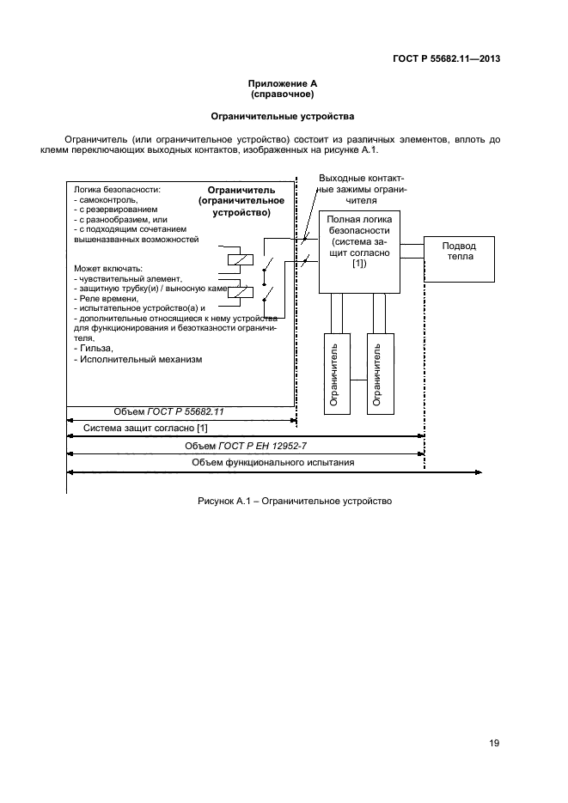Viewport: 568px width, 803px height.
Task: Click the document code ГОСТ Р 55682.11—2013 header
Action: click(x=447, y=59)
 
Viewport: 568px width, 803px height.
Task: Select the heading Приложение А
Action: click(x=283, y=83)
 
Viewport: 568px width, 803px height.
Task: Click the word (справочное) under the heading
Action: click(x=283, y=94)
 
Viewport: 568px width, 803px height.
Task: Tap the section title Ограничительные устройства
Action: click(x=283, y=116)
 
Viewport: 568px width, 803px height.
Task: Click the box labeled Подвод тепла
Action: click(x=458, y=257)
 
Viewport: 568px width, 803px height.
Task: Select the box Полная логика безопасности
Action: click(x=359, y=252)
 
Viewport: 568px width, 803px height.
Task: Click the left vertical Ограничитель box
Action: click(x=337, y=374)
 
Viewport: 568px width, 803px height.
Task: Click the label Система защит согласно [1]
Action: click(x=144, y=428)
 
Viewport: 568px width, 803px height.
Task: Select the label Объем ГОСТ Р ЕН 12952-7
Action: click(x=245, y=446)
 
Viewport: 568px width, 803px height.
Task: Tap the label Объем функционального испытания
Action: click(x=273, y=463)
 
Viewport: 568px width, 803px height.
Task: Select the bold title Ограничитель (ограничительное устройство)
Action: click(x=235, y=200)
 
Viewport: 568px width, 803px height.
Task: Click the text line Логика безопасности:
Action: click(x=118, y=189)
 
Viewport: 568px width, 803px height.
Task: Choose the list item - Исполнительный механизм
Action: click(x=138, y=360)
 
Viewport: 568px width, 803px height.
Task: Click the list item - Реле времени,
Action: click(x=107, y=298)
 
